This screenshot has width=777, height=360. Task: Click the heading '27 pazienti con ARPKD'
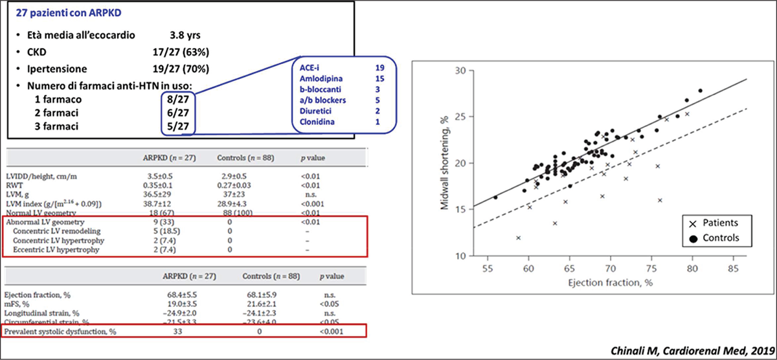pyautogui.click(x=69, y=13)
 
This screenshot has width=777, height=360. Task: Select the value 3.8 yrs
pyautogui.click(x=185, y=35)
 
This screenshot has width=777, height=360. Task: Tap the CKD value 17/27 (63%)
pyautogui.click(x=181, y=52)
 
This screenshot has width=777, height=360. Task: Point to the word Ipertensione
pyautogui.click(x=57, y=69)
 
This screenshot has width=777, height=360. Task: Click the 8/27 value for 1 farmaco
pyautogui.click(x=178, y=99)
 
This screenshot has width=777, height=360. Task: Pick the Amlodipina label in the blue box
pyautogui.click(x=321, y=79)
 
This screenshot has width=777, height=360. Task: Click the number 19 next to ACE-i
pyautogui.click(x=380, y=67)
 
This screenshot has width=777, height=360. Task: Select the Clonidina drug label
pyautogui.click(x=317, y=122)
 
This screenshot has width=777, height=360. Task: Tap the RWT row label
pyautogui.click(x=14, y=185)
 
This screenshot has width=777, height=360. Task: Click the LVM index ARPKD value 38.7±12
pyautogui.click(x=157, y=203)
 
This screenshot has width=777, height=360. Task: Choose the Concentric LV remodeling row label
pyautogui.click(x=56, y=231)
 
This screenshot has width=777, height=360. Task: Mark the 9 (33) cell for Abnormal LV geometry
pyautogui.click(x=164, y=222)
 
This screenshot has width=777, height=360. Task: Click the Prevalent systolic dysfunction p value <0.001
pyautogui.click(x=332, y=332)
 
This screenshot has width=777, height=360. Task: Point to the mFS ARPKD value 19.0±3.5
pyautogui.click(x=182, y=304)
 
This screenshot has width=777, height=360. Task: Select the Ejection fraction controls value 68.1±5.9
pyautogui.click(x=262, y=295)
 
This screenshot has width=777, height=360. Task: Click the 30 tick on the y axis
pyautogui.click(x=460, y=71)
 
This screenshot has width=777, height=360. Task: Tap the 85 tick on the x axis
pyautogui.click(x=733, y=269)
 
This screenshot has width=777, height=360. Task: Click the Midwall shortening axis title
pyautogui.click(x=444, y=163)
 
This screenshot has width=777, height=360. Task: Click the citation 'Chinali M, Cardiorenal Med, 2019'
pyautogui.click(x=692, y=351)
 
